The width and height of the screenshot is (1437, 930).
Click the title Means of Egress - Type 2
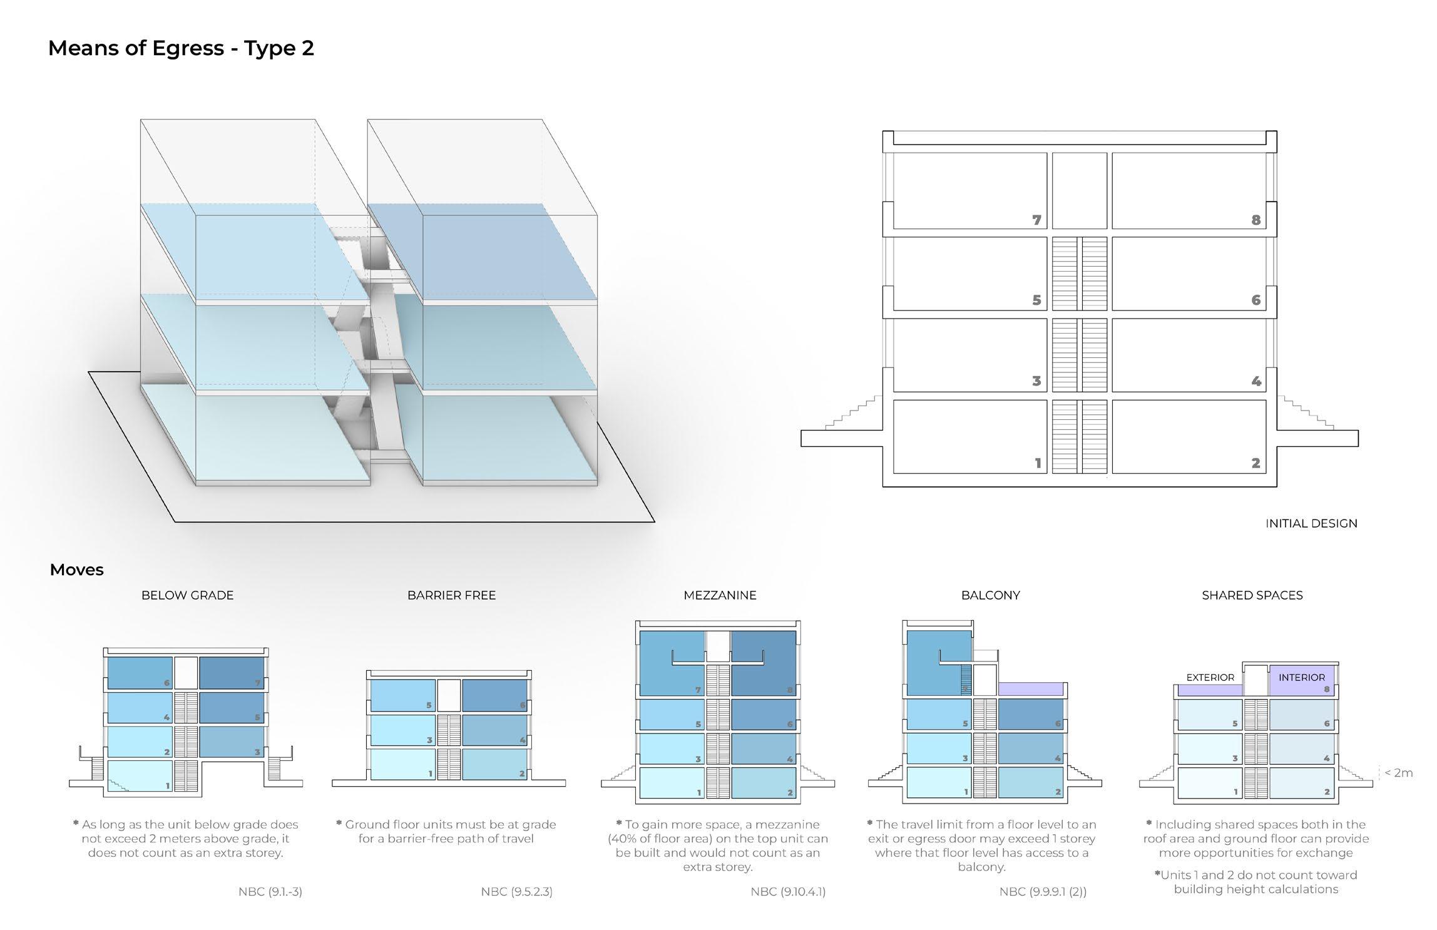click(181, 48)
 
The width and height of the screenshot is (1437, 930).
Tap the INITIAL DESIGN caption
click(1311, 523)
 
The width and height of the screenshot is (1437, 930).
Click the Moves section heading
click(76, 570)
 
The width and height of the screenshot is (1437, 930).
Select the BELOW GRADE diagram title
click(187, 595)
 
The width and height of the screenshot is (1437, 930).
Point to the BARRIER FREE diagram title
click(451, 595)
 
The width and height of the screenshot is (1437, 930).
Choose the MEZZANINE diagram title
click(720, 595)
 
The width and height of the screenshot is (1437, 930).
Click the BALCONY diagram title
click(990, 595)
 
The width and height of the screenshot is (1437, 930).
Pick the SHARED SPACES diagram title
click(1252, 595)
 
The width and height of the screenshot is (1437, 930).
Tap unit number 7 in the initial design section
click(1036, 220)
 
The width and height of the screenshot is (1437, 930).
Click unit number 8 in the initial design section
click(1255, 220)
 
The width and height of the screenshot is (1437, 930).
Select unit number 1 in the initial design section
click(1038, 463)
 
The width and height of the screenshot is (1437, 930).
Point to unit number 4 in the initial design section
click(1255, 381)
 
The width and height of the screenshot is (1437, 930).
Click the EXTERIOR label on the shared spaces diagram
click(1210, 677)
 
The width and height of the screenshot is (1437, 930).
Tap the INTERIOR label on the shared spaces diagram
click(1301, 677)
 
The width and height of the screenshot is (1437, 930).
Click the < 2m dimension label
click(1398, 773)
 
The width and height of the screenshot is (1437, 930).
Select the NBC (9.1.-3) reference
click(270, 892)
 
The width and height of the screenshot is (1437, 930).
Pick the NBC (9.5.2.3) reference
click(516, 892)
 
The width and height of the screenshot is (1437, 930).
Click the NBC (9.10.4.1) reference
click(787, 892)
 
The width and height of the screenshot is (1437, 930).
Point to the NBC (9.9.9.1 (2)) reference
click(1043, 892)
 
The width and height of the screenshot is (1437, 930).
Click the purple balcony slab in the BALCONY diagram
click(1031, 689)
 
